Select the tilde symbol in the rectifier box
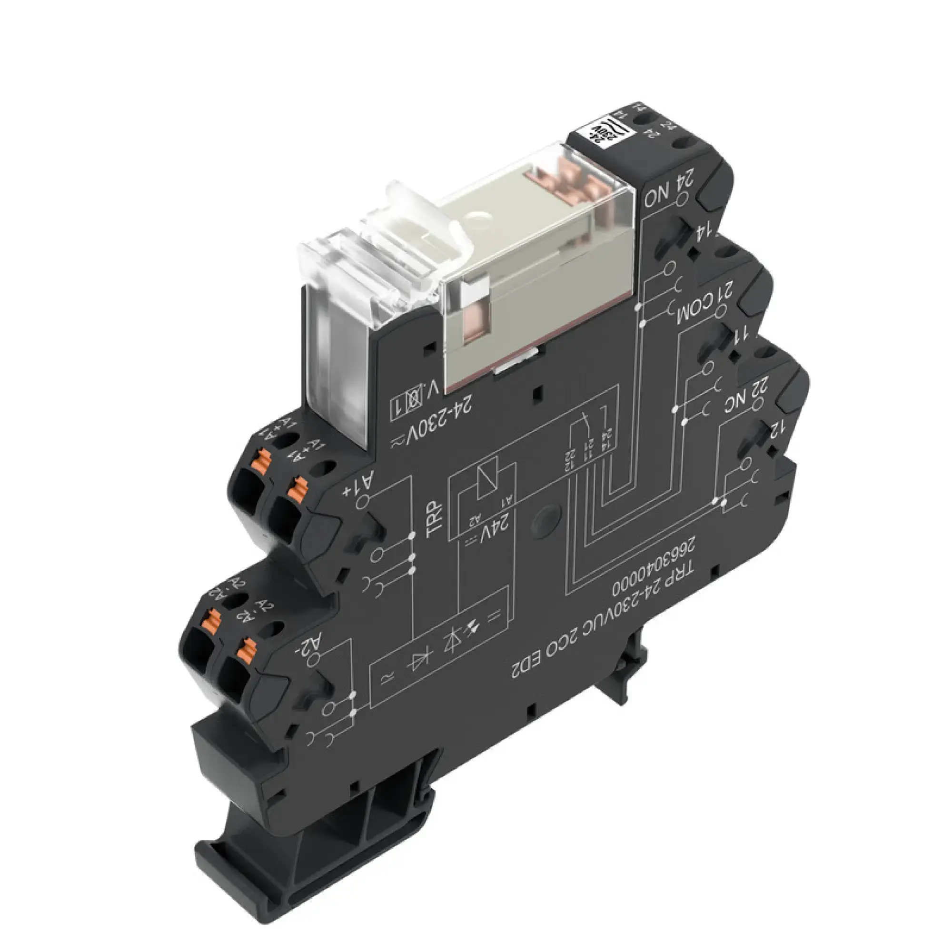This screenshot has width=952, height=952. point(384,681)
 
